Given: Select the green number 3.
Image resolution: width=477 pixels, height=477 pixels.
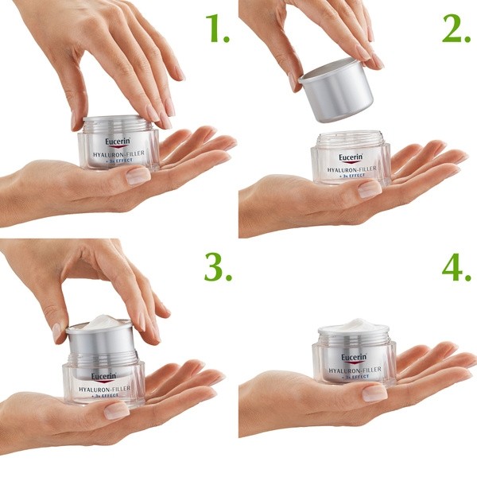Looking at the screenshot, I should (216, 268).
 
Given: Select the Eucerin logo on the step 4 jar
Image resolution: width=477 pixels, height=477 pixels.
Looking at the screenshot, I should (354, 357).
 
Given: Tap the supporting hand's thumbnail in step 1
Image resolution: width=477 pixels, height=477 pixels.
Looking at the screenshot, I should (137, 176).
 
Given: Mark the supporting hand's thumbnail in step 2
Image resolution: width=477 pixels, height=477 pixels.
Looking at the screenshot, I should (369, 189).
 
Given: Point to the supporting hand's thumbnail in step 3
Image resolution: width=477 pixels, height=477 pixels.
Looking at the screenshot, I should (117, 410).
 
